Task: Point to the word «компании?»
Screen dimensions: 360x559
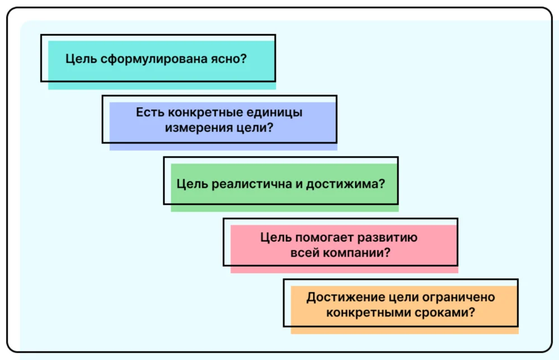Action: (x=356, y=252)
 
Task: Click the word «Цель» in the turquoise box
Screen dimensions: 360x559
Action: (x=81, y=58)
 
